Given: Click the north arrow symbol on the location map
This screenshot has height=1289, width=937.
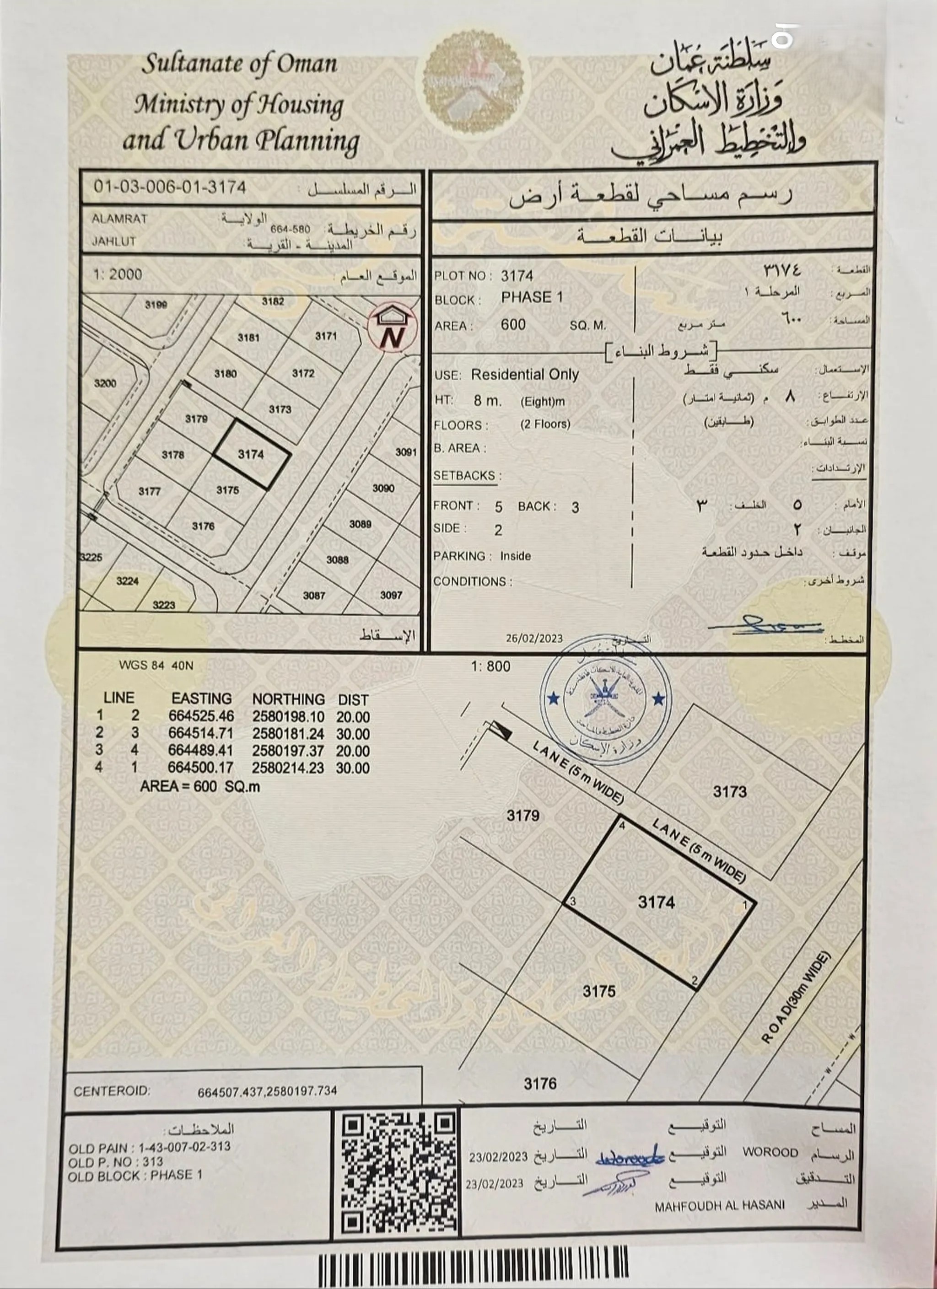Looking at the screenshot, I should coord(392,329).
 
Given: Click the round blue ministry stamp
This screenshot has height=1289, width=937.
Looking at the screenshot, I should coord(605,698).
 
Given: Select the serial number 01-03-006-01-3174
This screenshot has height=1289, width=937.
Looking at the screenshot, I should coord(170,187).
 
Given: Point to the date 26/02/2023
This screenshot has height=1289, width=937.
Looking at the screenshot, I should coord(534,638).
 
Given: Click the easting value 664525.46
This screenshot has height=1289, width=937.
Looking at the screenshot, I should coord(201,716).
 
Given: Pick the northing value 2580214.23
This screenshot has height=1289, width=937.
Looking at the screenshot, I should coord(288,768).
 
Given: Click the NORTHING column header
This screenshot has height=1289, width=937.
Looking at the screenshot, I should coord(288,698).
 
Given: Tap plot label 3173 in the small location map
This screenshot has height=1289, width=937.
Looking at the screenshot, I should coord(280,409).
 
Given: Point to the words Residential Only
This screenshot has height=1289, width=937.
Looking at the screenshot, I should coord(524,375).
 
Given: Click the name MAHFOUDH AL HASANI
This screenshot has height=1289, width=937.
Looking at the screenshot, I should coord(719,1205).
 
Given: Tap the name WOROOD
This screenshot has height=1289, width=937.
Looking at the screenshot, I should coord(770,1152).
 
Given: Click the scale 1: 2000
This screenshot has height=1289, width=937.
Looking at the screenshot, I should coord(118,274).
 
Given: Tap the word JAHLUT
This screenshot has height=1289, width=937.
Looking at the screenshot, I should coord(114,242).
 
